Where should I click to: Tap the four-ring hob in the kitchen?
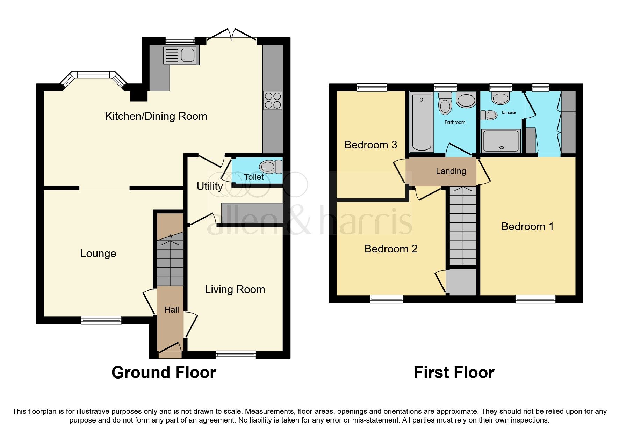point(273,100)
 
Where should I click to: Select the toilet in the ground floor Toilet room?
point(271,167)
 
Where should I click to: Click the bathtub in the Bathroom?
point(421,122)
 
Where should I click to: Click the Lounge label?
point(98,254)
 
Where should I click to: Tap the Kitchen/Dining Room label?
point(156,116)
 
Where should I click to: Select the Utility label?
point(209,186)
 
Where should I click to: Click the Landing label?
point(451,171)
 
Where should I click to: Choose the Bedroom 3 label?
point(370,145)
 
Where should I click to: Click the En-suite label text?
point(509,112)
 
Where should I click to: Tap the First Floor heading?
point(454,373)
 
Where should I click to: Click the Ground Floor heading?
point(164,373)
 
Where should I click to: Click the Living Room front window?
point(236,355)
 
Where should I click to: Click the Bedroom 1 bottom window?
point(535,299)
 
